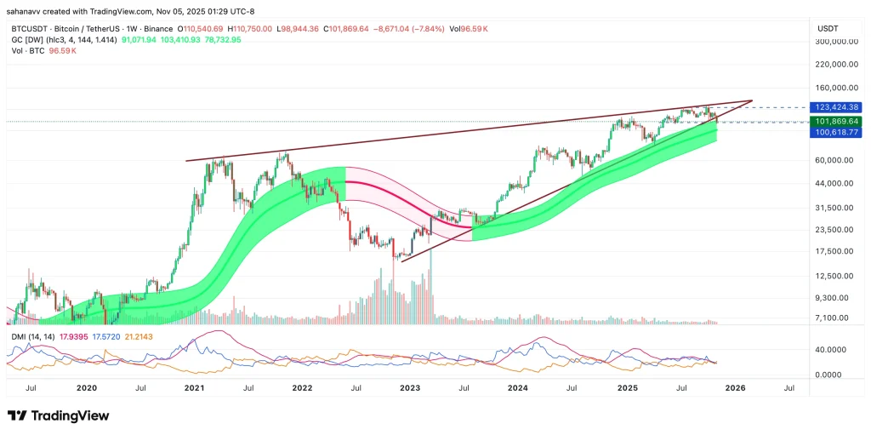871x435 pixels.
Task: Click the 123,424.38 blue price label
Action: [836, 107]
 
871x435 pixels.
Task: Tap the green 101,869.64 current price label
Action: [836, 122]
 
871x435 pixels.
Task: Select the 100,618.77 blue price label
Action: [836, 133]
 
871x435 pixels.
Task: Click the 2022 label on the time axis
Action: [301, 387]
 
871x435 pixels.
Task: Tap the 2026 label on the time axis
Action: [735, 387]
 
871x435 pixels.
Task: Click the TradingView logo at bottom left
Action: [58, 415]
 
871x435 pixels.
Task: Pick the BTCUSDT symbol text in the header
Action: [29, 28]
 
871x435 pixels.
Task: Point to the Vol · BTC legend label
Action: [26, 50]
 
